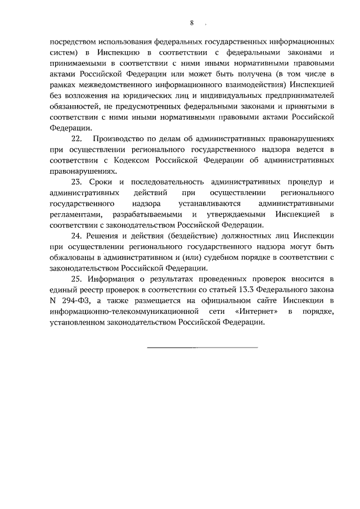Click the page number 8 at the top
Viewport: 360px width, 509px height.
pyautogui.click(x=192, y=23)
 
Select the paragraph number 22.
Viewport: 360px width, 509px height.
pyautogui.click(x=76, y=138)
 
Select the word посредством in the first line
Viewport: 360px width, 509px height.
pyautogui.click(x=73, y=41)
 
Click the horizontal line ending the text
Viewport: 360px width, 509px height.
pyautogui.click(x=202, y=346)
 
